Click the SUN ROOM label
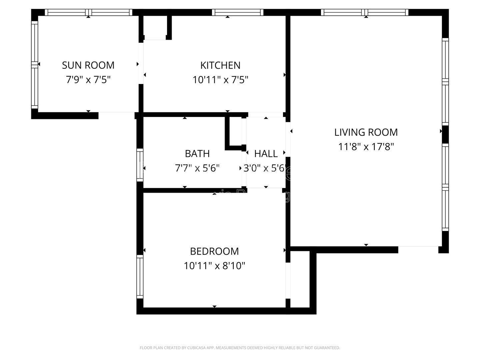(x=88, y=65)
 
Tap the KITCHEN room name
(x=220, y=65)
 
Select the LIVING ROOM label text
(x=366, y=132)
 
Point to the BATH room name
(x=197, y=154)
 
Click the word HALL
(x=266, y=154)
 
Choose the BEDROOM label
(x=214, y=251)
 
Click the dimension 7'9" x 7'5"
(x=88, y=80)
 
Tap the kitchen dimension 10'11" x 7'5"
(x=220, y=80)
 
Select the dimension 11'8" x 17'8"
(x=366, y=147)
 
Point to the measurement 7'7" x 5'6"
(x=197, y=168)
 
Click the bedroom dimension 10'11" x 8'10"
(x=214, y=266)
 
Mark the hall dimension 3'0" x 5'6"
(x=265, y=168)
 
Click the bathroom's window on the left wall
(x=140, y=165)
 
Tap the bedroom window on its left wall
(x=140, y=277)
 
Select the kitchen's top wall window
(x=237, y=13)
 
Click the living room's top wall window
(x=366, y=13)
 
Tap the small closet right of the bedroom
(x=300, y=278)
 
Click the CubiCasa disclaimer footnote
(x=240, y=348)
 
